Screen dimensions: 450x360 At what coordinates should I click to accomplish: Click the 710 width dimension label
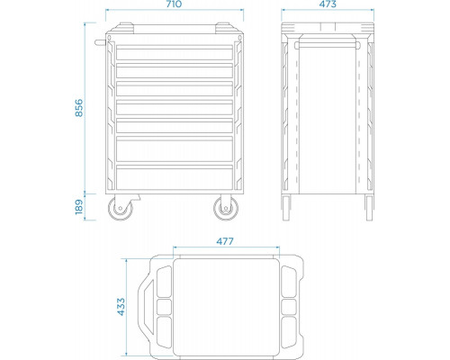coord(174,4)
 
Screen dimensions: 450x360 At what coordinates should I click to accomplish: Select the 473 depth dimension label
coord(328,4)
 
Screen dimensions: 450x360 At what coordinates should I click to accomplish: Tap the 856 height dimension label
coord(78,107)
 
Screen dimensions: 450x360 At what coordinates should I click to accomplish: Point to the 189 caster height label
coord(78,207)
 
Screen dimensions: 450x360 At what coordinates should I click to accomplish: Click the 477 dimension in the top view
coord(225,241)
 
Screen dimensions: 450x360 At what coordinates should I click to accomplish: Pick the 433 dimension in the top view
coord(121,306)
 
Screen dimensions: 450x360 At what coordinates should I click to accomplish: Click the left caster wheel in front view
coord(121,208)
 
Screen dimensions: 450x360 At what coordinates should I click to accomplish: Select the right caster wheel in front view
coord(226,208)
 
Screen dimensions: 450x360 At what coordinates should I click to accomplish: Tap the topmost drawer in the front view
coord(175,52)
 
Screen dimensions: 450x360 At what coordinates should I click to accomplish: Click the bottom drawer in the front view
coord(175,177)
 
